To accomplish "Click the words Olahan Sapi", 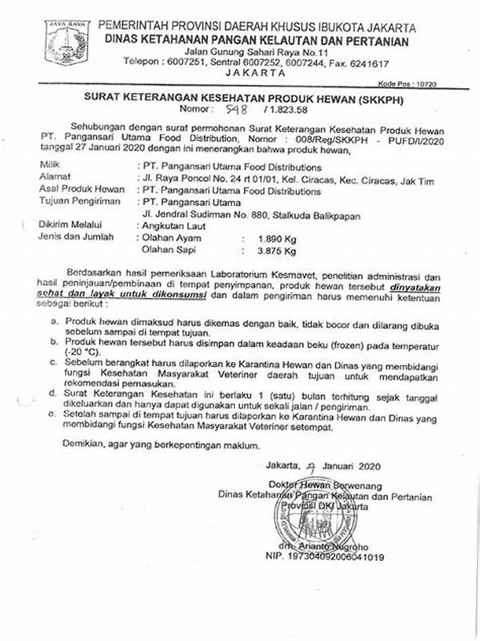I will click(x=170, y=250).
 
